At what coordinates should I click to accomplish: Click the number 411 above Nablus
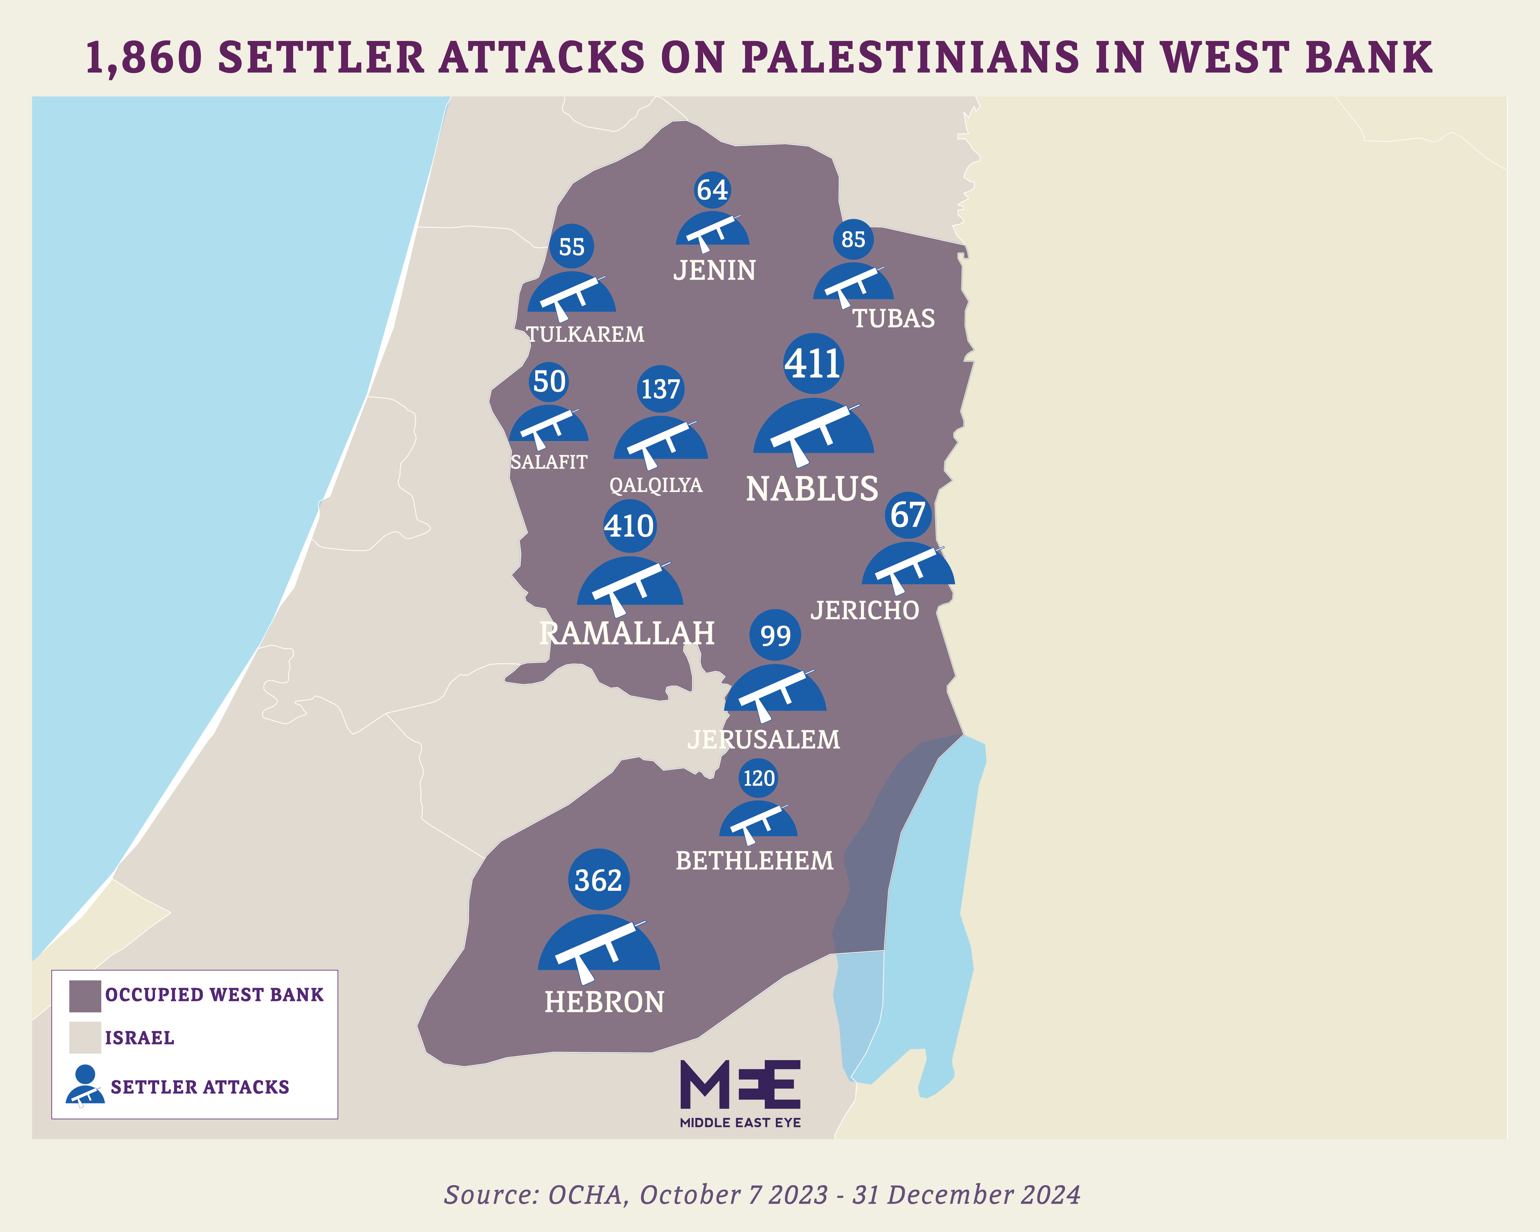point(813,363)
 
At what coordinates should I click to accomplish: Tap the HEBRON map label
point(604,1002)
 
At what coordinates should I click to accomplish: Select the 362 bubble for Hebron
point(598,880)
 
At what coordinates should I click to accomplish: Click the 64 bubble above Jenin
point(712,190)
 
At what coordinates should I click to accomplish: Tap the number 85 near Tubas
point(853,239)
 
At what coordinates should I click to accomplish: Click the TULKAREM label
point(585,334)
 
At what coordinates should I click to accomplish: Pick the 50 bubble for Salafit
point(549,381)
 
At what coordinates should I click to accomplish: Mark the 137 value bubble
point(661,389)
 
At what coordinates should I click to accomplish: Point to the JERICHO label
point(865,611)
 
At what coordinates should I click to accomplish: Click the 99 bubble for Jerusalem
point(775,635)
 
